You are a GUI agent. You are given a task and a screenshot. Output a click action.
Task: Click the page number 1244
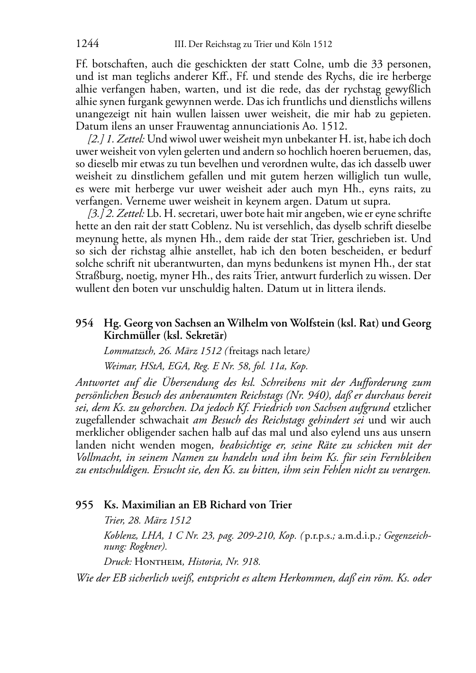(87, 44)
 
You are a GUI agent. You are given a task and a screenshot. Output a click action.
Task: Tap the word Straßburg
(97, 276)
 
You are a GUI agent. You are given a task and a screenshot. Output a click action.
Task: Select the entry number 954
(84, 324)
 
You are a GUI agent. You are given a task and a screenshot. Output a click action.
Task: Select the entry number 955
(84, 505)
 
